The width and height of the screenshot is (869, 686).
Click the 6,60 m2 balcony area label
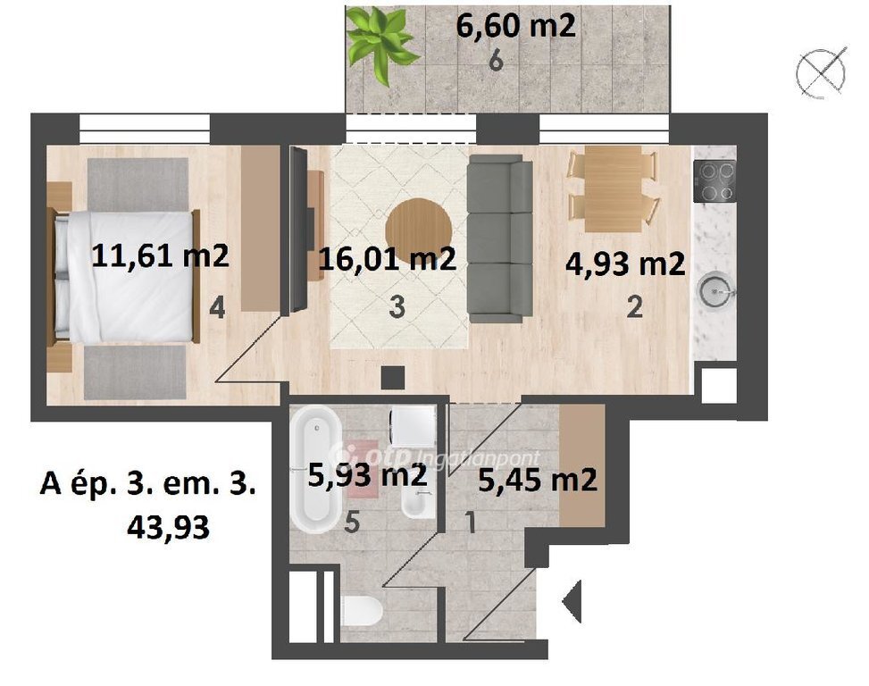pos(516,26)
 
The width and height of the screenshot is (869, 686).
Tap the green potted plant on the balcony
pos(380,46)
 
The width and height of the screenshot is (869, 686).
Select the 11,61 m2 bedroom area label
pos(160,256)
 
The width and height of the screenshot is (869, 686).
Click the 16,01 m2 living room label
pos(388,258)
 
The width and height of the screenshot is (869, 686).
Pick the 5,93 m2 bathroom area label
pos(367,475)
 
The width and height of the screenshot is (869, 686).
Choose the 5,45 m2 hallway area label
pos(538,480)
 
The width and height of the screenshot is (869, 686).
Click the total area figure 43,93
pos(169,527)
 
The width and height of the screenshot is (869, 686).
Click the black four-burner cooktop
pos(714,181)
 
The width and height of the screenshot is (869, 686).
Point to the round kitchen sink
pos(716,290)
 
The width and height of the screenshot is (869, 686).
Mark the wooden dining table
pos(613,188)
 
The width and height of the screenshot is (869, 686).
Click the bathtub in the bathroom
pos(316,469)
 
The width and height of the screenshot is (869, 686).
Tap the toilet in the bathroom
pos(363,611)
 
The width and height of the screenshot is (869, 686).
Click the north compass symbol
pos(822,73)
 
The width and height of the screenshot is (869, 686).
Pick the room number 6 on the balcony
pos(496,61)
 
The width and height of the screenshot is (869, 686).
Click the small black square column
pos(393,378)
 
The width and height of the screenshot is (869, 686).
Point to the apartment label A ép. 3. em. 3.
pos(148,485)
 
